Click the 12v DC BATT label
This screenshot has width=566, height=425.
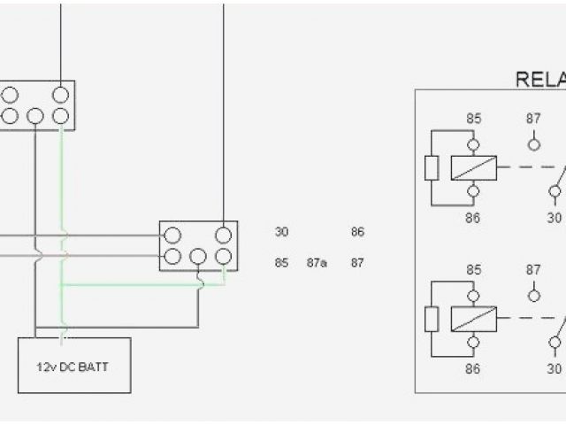click(x=75, y=365)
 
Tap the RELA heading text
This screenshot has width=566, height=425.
click(x=540, y=80)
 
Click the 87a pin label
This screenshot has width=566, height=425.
click(x=317, y=262)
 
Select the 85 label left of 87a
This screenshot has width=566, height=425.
click(x=281, y=262)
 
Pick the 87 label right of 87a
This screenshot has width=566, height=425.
click(x=357, y=262)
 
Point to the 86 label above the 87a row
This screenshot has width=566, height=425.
click(x=357, y=232)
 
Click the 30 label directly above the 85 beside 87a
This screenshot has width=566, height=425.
click(x=281, y=232)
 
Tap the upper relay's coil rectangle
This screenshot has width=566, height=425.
click(x=473, y=167)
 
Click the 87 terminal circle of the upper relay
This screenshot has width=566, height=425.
click(x=533, y=143)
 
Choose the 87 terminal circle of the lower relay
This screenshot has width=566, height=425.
click(x=533, y=295)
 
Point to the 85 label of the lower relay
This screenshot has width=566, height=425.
click(x=473, y=269)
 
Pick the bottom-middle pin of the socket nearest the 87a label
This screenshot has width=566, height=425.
click(x=198, y=257)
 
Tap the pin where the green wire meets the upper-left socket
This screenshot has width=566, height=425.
click(x=60, y=116)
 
